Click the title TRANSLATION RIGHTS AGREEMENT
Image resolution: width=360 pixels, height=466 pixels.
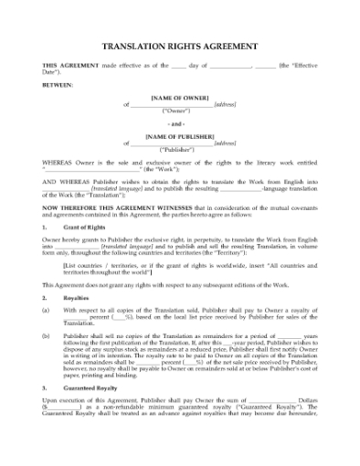coord(179,46)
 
